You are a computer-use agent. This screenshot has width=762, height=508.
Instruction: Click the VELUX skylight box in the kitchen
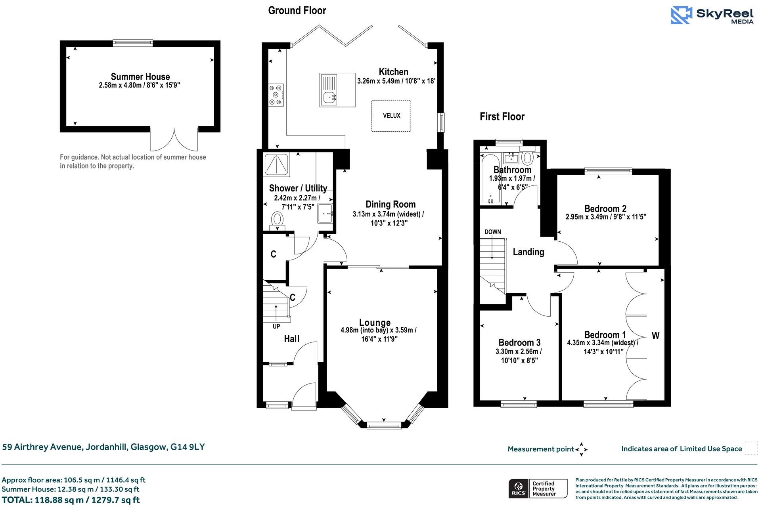[x=391, y=116]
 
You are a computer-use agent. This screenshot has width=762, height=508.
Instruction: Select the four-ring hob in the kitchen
[x=276, y=95]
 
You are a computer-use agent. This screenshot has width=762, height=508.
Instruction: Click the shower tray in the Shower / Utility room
[x=277, y=164]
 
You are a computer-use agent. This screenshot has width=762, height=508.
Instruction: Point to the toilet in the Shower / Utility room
[x=278, y=220]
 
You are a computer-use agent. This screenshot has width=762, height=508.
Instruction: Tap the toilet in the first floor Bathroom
[x=527, y=158]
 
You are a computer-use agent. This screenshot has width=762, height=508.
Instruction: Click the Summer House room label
[x=140, y=76]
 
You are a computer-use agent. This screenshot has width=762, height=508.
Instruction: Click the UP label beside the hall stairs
[x=276, y=327]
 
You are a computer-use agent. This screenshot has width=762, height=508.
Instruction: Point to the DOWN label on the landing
[x=493, y=232]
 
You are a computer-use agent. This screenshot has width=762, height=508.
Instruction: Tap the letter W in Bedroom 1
[x=655, y=336]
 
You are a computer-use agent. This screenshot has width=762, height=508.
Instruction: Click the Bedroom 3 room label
[x=519, y=342]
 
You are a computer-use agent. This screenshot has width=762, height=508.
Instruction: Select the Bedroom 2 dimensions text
[x=606, y=217]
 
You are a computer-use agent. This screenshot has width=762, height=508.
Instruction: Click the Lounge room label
[x=375, y=323]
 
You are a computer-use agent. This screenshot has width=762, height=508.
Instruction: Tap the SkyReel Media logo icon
[x=681, y=15]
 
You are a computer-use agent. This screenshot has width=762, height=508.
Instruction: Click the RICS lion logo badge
[x=518, y=488]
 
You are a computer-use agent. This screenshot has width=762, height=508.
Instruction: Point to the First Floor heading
[x=502, y=116]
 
